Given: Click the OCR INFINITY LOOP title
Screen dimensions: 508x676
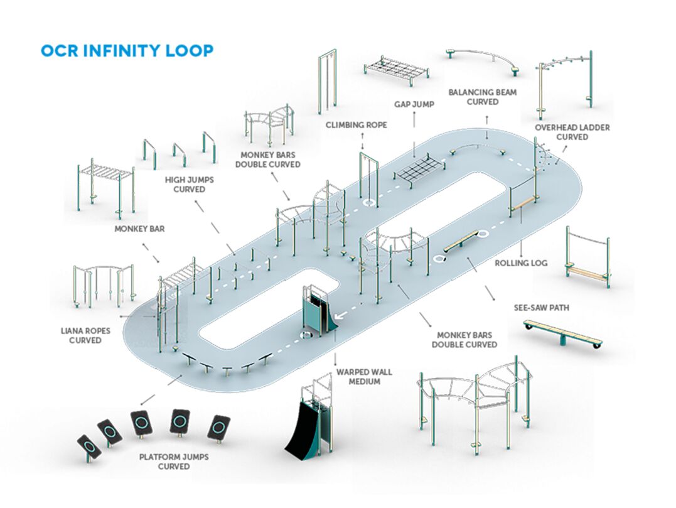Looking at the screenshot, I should pyautogui.click(x=127, y=51).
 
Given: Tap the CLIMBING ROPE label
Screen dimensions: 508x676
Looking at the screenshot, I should pyautogui.click(x=356, y=125).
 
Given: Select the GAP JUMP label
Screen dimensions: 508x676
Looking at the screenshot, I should pyautogui.click(x=414, y=104).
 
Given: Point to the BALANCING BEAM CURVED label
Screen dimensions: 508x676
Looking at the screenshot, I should pyautogui.click(x=482, y=97).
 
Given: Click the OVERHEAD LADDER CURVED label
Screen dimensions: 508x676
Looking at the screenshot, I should pyautogui.click(x=572, y=132).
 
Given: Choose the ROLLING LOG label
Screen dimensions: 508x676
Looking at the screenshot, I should pyautogui.click(x=521, y=263).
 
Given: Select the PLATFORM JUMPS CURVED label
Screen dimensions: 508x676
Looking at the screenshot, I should pyautogui.click(x=165, y=462).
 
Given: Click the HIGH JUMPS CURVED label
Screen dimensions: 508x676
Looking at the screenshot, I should pyautogui.click(x=190, y=184).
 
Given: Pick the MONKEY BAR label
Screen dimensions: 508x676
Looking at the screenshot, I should pyautogui.click(x=139, y=229).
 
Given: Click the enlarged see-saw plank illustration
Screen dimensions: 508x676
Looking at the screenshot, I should pyautogui.click(x=563, y=333).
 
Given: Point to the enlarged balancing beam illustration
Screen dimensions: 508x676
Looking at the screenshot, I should pyautogui.click(x=483, y=57).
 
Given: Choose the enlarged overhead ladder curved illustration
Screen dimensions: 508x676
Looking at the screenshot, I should pyautogui.click(x=564, y=82).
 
